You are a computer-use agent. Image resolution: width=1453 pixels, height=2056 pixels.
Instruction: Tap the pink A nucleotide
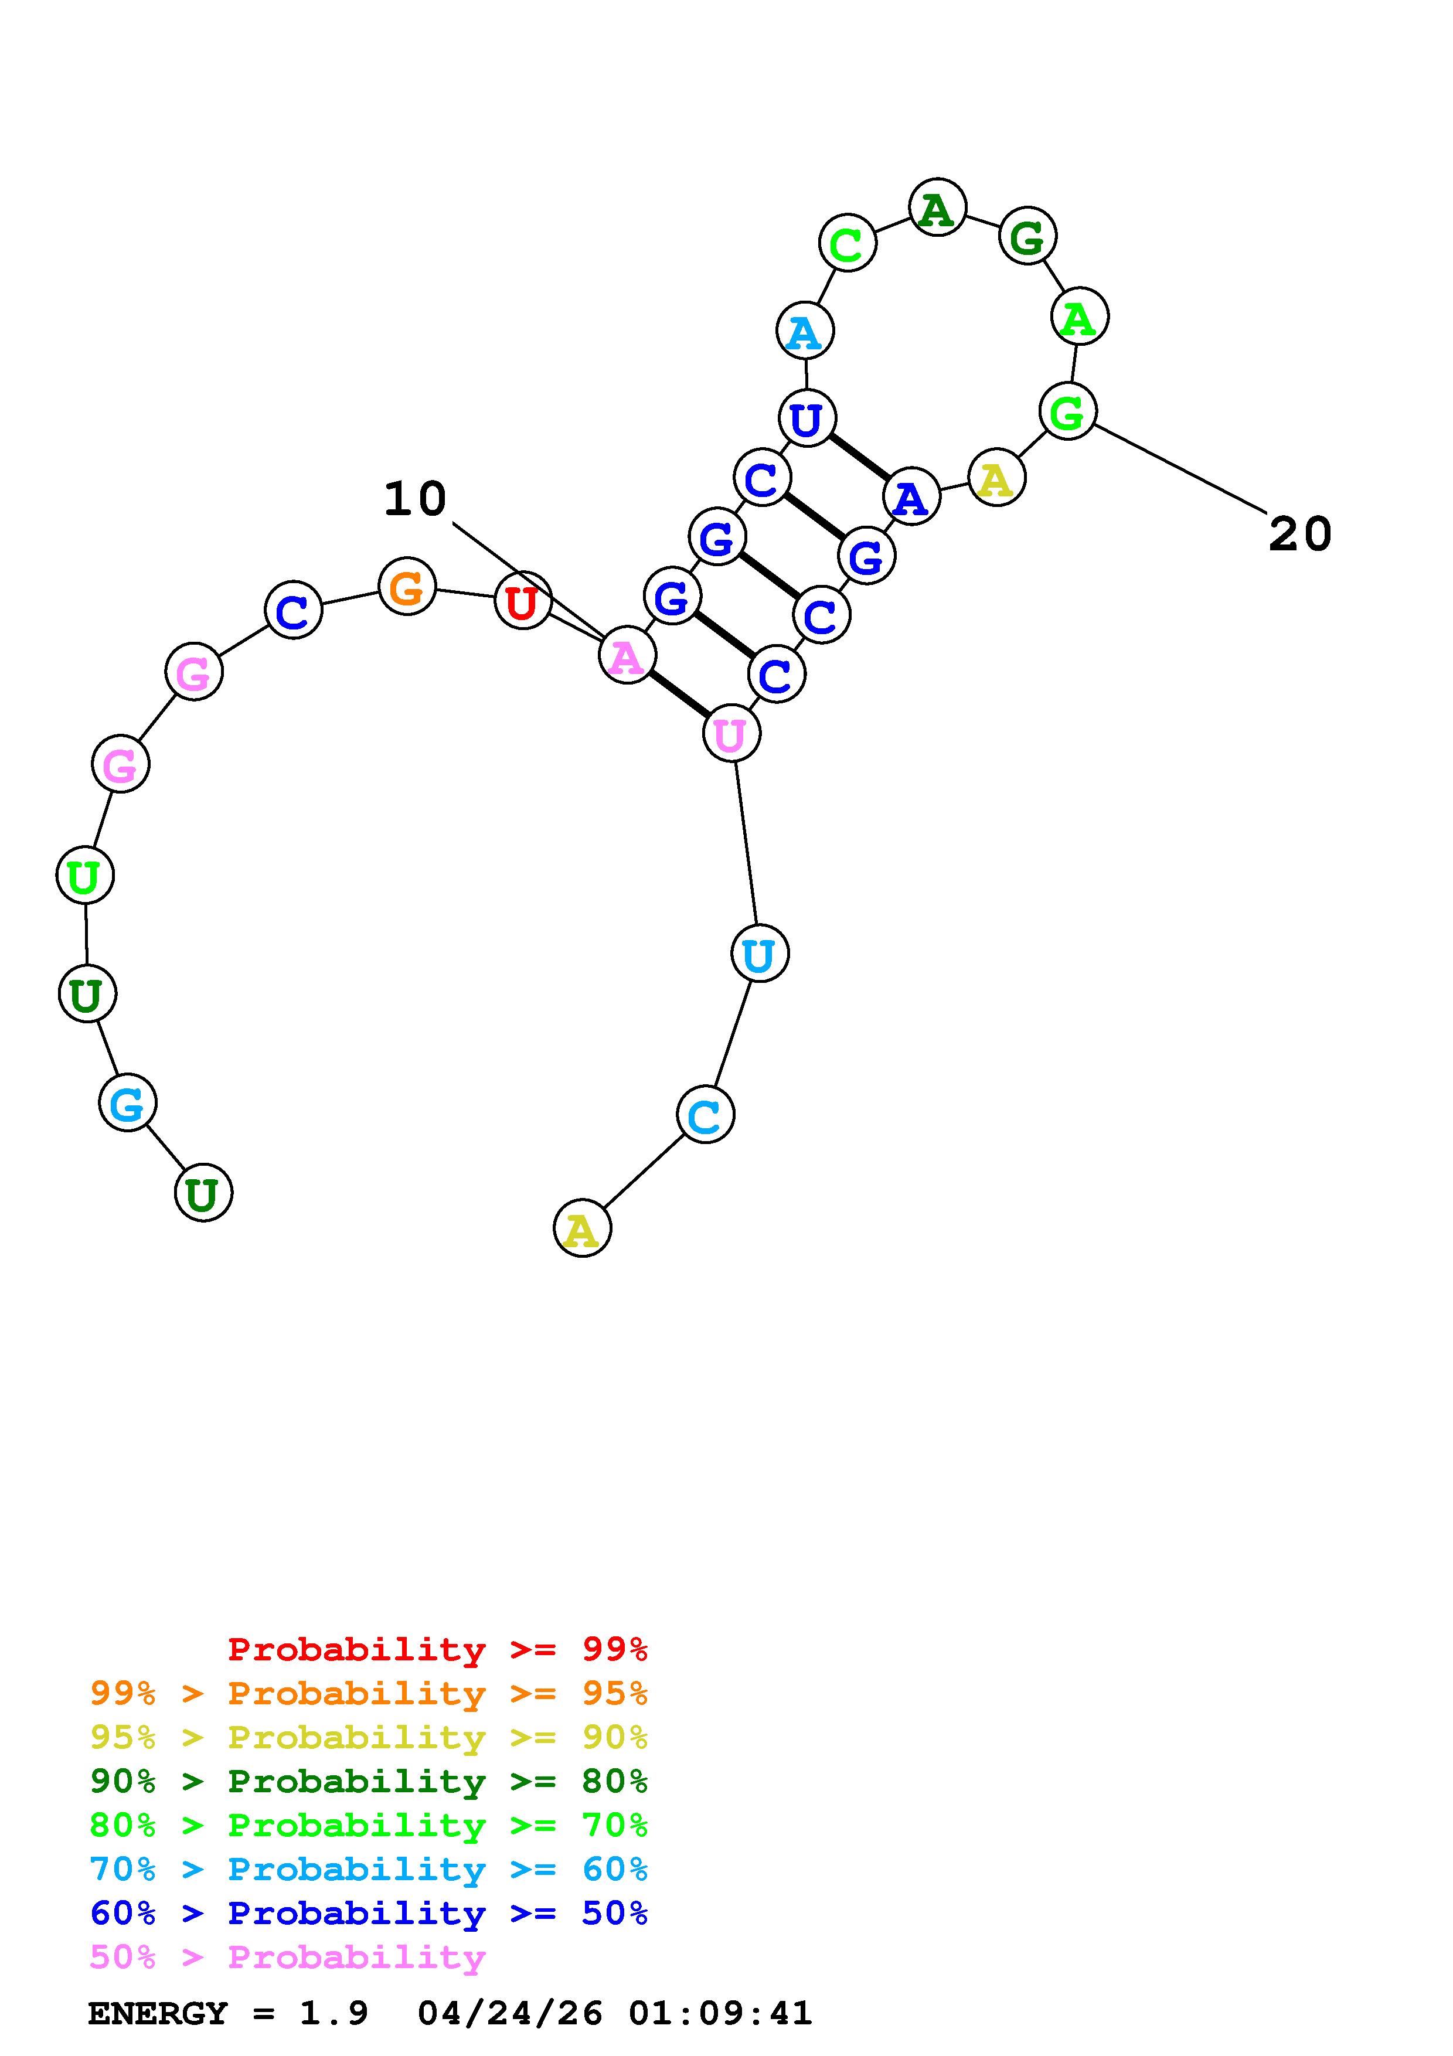coord(627,655)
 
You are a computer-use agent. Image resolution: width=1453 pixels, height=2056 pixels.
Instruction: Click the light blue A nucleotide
coord(805,331)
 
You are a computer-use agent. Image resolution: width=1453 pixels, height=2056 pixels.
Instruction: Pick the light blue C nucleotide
coord(706,1115)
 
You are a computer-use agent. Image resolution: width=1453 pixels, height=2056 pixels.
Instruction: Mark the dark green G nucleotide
coord(1027,236)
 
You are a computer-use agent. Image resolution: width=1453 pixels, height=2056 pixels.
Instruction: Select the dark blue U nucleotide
coord(807,418)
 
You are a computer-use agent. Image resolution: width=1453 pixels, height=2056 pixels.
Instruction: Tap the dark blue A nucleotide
coord(911,496)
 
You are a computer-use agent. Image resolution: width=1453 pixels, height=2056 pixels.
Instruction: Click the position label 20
coord(1300,535)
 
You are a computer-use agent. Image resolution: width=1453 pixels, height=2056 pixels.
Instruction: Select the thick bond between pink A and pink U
coord(679,694)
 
